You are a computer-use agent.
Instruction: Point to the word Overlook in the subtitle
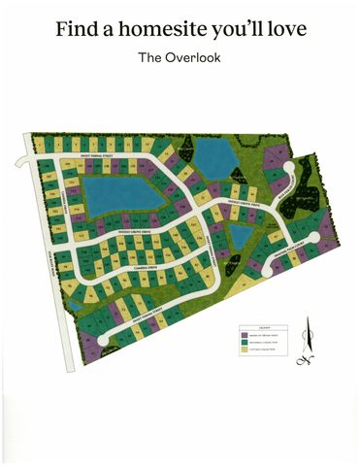(195, 57)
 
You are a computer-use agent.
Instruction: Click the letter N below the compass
(306, 356)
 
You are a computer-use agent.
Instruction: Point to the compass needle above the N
(306, 335)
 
